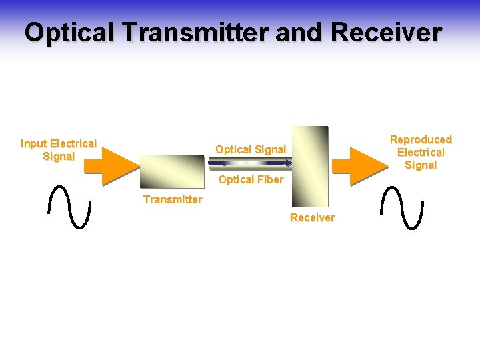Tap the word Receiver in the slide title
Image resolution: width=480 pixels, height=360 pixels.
(x=386, y=32)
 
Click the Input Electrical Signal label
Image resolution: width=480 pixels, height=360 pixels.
(x=59, y=150)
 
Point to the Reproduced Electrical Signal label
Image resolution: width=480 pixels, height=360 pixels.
(x=421, y=152)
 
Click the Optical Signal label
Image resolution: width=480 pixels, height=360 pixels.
(x=251, y=149)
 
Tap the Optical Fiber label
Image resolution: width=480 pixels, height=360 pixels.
(x=251, y=179)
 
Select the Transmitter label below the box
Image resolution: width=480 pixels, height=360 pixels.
(x=172, y=199)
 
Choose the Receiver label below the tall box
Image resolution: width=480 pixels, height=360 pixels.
(x=312, y=218)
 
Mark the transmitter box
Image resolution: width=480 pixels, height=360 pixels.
(x=172, y=171)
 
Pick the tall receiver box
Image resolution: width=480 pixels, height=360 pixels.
(x=310, y=166)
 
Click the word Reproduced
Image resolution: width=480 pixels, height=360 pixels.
(x=421, y=139)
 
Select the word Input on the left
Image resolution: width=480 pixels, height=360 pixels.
(x=33, y=143)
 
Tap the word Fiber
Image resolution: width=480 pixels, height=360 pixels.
(x=269, y=179)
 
